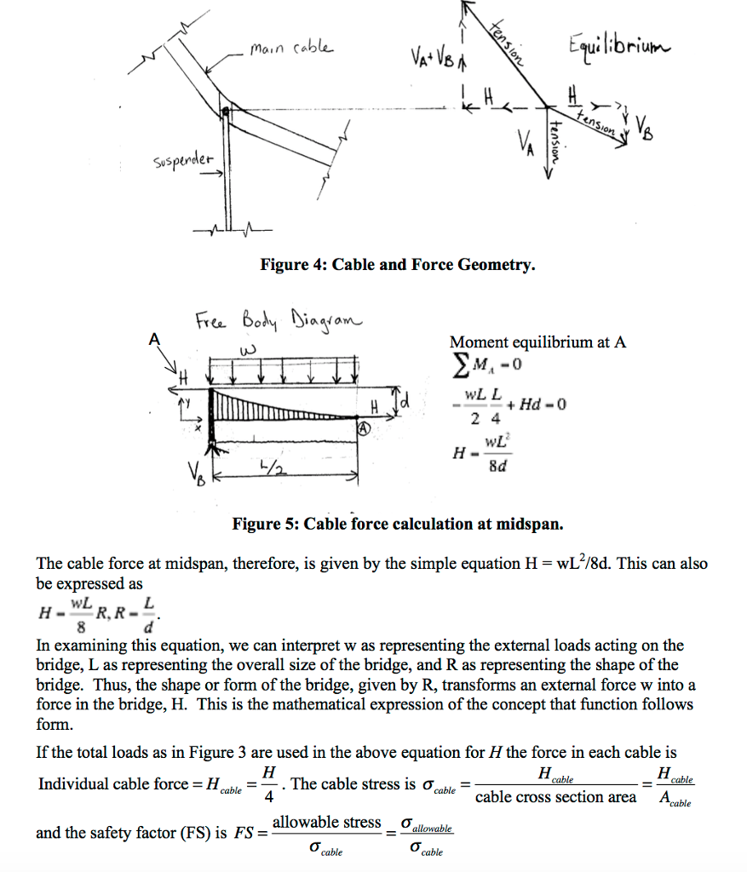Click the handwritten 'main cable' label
pos(291,49)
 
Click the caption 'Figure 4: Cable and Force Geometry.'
pos(398,265)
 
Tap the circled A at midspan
pos(361,430)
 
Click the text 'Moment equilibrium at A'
pos(537,342)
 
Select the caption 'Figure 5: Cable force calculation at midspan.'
pos(398,523)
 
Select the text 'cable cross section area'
pos(555,797)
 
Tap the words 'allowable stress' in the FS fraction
pos(327,822)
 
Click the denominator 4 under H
pos(269,799)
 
